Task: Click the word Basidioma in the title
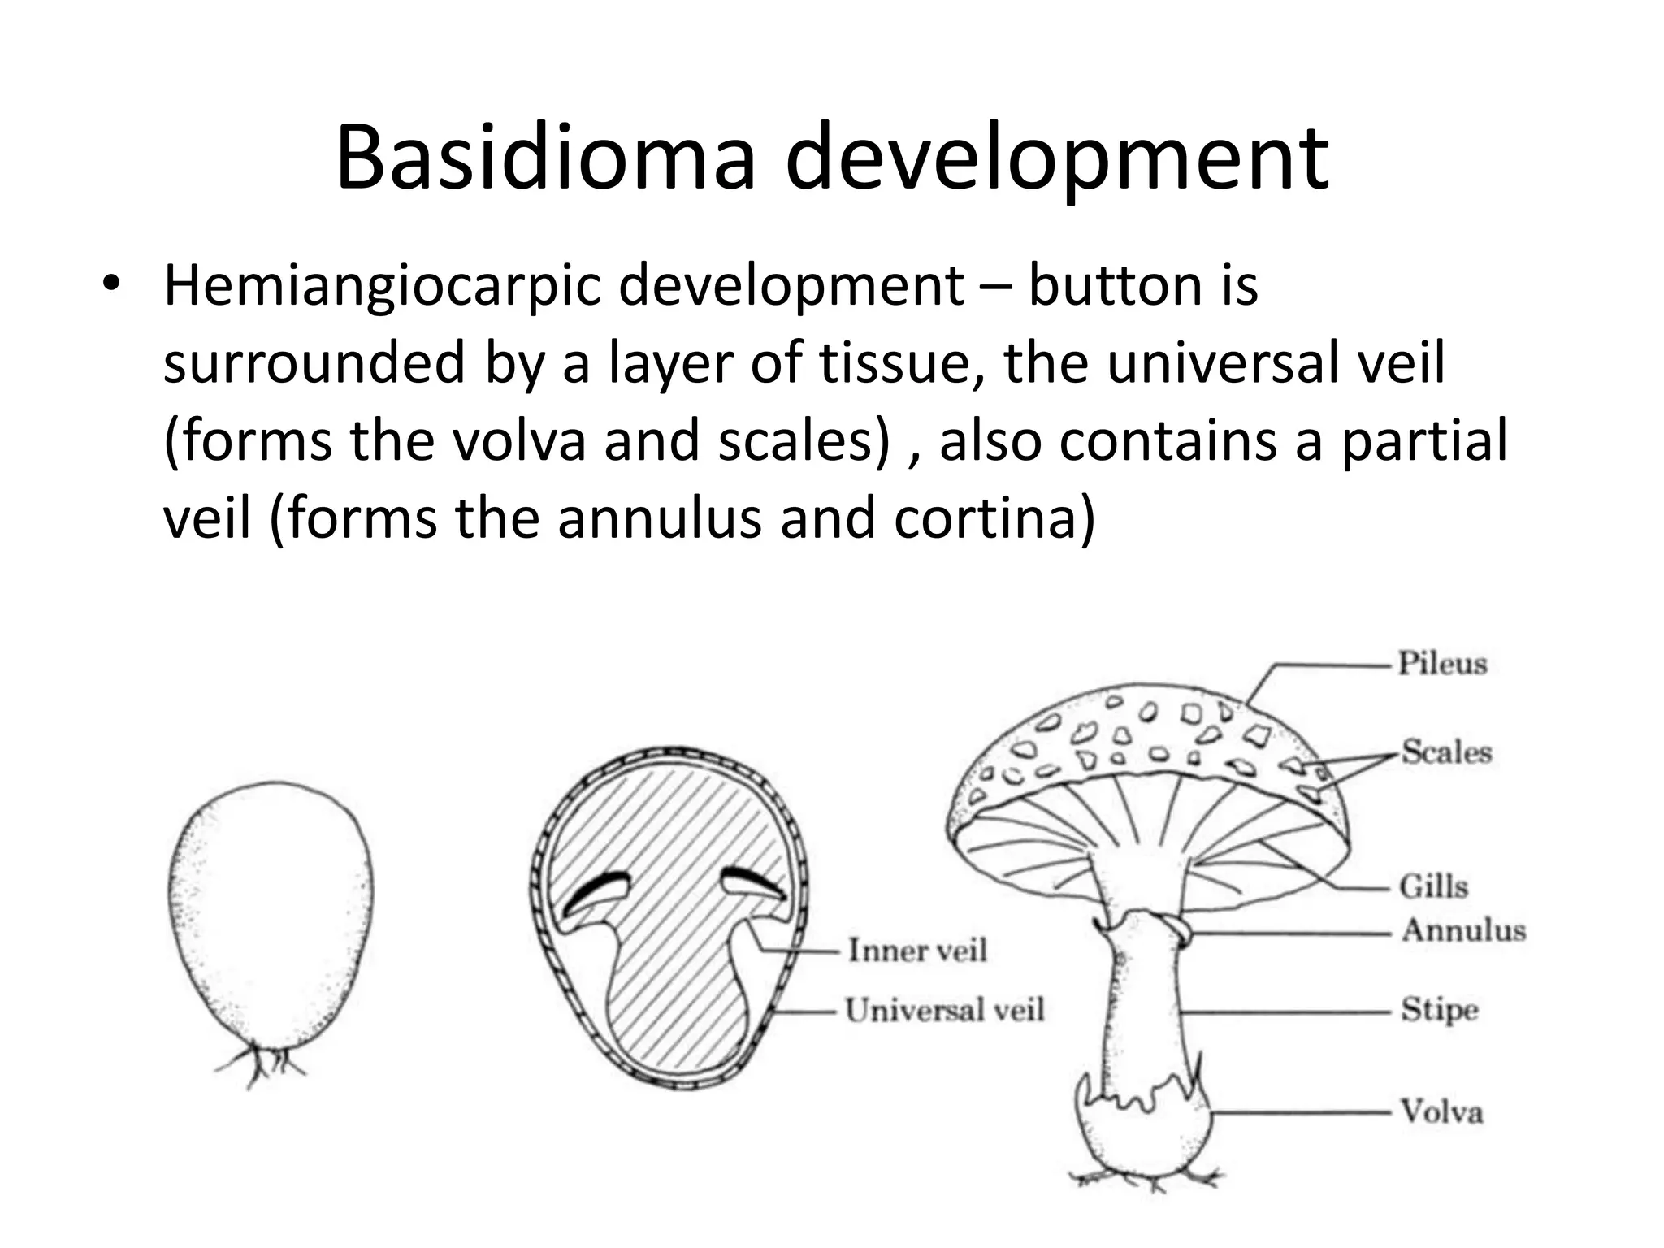544,158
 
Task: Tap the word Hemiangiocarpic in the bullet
379,286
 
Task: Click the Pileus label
1441,664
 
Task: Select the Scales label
1446,752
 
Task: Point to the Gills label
1433,886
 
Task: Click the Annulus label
1463,930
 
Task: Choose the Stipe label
1439,1011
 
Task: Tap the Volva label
1441,1111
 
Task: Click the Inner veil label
917,950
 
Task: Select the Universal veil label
944,1011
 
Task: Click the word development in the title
1056,158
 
